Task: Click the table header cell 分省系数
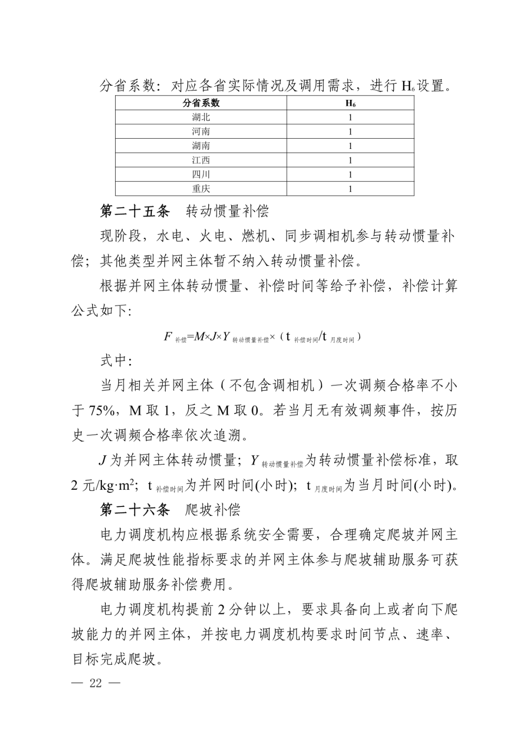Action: tap(201, 103)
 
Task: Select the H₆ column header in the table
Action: tap(350, 103)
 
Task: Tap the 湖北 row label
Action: tap(201, 117)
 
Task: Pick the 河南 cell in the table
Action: tap(201, 131)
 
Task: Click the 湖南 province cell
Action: tap(201, 145)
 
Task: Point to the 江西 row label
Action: tap(201, 160)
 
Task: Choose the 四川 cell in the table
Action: tap(201, 174)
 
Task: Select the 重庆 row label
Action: tap(201, 189)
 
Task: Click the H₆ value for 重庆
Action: tap(350, 189)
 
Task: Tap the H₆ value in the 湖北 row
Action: tap(350, 117)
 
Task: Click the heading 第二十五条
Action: tap(135, 211)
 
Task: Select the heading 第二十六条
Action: tap(135, 509)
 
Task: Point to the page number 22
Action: tap(96, 683)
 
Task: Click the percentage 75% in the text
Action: tap(102, 410)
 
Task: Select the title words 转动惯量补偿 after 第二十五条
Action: tap(227, 211)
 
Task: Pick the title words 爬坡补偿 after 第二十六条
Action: tap(213, 509)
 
